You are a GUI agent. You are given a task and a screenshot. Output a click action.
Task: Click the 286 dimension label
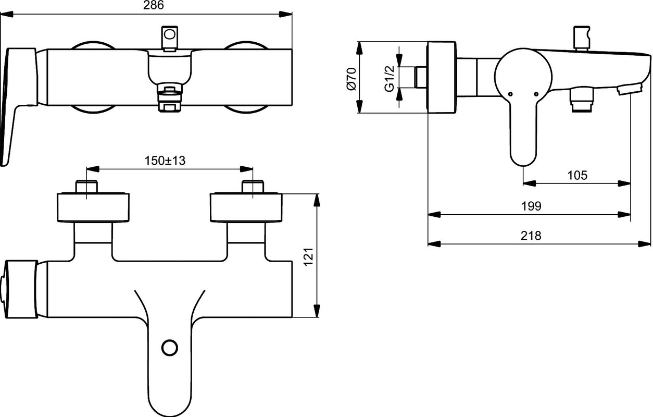coord(154,5)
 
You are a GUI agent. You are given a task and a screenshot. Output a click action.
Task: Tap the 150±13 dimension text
coord(165,161)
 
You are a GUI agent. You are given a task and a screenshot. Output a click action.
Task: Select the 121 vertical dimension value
coord(308,257)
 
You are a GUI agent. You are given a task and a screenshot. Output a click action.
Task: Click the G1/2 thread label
coord(390,79)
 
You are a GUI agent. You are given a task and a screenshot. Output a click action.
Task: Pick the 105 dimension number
coord(577,175)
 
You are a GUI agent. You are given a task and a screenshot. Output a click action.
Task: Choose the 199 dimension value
coord(531,206)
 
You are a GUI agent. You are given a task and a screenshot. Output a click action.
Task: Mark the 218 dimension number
coord(531,236)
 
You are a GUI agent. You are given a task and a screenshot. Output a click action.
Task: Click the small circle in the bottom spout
coord(170,348)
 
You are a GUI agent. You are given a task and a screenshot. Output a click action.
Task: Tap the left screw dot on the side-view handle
coord(510,94)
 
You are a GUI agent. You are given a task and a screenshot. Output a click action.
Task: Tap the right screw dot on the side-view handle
coord(536,94)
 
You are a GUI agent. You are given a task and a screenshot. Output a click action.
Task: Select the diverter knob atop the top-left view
coord(170,39)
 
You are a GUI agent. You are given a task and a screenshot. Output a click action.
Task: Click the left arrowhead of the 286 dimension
coord(7,14)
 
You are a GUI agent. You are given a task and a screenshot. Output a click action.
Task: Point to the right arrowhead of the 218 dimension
coord(645,243)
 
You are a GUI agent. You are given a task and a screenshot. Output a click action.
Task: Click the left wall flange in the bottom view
coord(93,207)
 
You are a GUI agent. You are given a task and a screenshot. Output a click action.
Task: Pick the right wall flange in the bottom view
coord(246,207)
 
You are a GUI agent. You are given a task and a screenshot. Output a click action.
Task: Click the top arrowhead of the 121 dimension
coord(317,200)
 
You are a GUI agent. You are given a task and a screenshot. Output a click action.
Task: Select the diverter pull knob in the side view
coord(582,39)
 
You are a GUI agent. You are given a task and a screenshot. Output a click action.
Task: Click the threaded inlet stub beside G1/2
coord(421,77)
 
